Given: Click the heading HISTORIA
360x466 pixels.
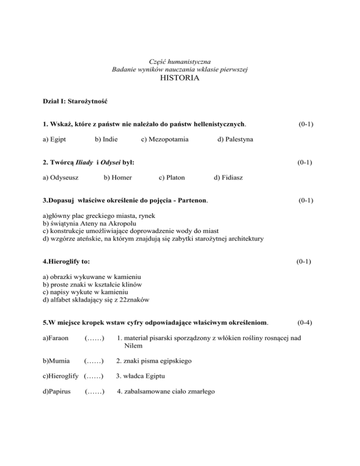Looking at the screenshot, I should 180,79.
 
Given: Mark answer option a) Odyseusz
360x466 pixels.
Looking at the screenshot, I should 60,178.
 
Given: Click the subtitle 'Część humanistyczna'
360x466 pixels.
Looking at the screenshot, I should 180,61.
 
